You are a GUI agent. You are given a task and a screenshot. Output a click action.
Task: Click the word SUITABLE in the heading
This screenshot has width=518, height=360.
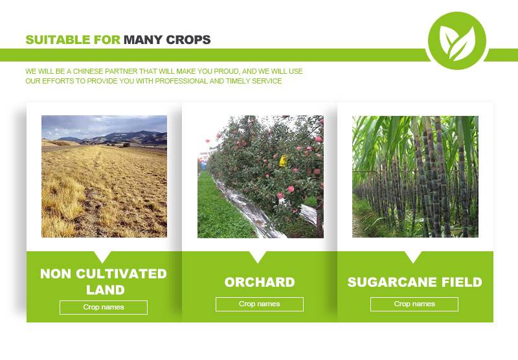[x=58, y=40]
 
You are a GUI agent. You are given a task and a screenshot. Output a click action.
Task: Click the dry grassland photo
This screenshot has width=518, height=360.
[x=104, y=176]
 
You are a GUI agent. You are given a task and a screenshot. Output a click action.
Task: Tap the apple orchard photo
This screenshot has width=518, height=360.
[x=261, y=176]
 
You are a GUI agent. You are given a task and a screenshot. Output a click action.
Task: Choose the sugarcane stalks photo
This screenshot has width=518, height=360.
[x=415, y=176]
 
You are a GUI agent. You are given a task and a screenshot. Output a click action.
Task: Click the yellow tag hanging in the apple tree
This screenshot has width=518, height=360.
[x=283, y=161]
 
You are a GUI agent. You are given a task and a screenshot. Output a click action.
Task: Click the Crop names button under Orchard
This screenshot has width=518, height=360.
[x=260, y=304]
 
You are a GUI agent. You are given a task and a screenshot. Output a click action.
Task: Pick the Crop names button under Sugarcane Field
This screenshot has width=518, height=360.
[x=414, y=304]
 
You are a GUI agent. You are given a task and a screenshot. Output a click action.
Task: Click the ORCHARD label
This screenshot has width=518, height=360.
[x=260, y=282]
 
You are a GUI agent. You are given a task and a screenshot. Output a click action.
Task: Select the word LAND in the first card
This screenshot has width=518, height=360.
[x=106, y=290]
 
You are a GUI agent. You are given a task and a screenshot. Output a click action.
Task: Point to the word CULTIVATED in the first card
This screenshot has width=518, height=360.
[x=121, y=274]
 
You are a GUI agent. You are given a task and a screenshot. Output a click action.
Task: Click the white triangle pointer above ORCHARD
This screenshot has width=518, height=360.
[x=258, y=256]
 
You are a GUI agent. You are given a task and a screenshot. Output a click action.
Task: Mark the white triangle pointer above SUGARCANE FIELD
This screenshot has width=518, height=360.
[x=413, y=256]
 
